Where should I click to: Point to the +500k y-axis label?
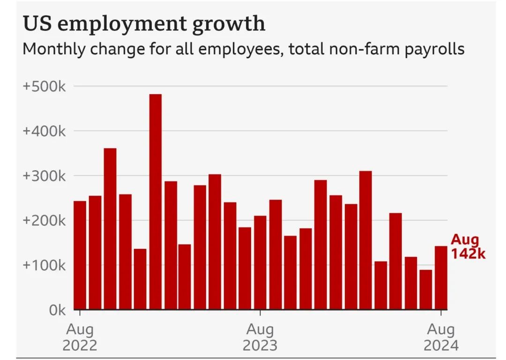pos(44,87)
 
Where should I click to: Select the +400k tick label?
pos(44,131)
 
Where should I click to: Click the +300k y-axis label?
pos(44,176)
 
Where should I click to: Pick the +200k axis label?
pos(44,221)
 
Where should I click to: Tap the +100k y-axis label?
pos(44,265)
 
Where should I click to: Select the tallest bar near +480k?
pos(156,202)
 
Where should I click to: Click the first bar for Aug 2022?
pos(80,255)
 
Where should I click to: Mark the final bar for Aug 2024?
pos(441,277)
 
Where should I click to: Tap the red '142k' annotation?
pos(468,254)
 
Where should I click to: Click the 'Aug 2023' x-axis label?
pos(260,337)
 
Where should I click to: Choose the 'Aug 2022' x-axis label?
pos(80,337)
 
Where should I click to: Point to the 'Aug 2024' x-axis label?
pos(441,337)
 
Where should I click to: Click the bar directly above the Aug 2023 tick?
pos(260,262)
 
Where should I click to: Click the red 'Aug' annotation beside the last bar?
pos(465,240)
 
